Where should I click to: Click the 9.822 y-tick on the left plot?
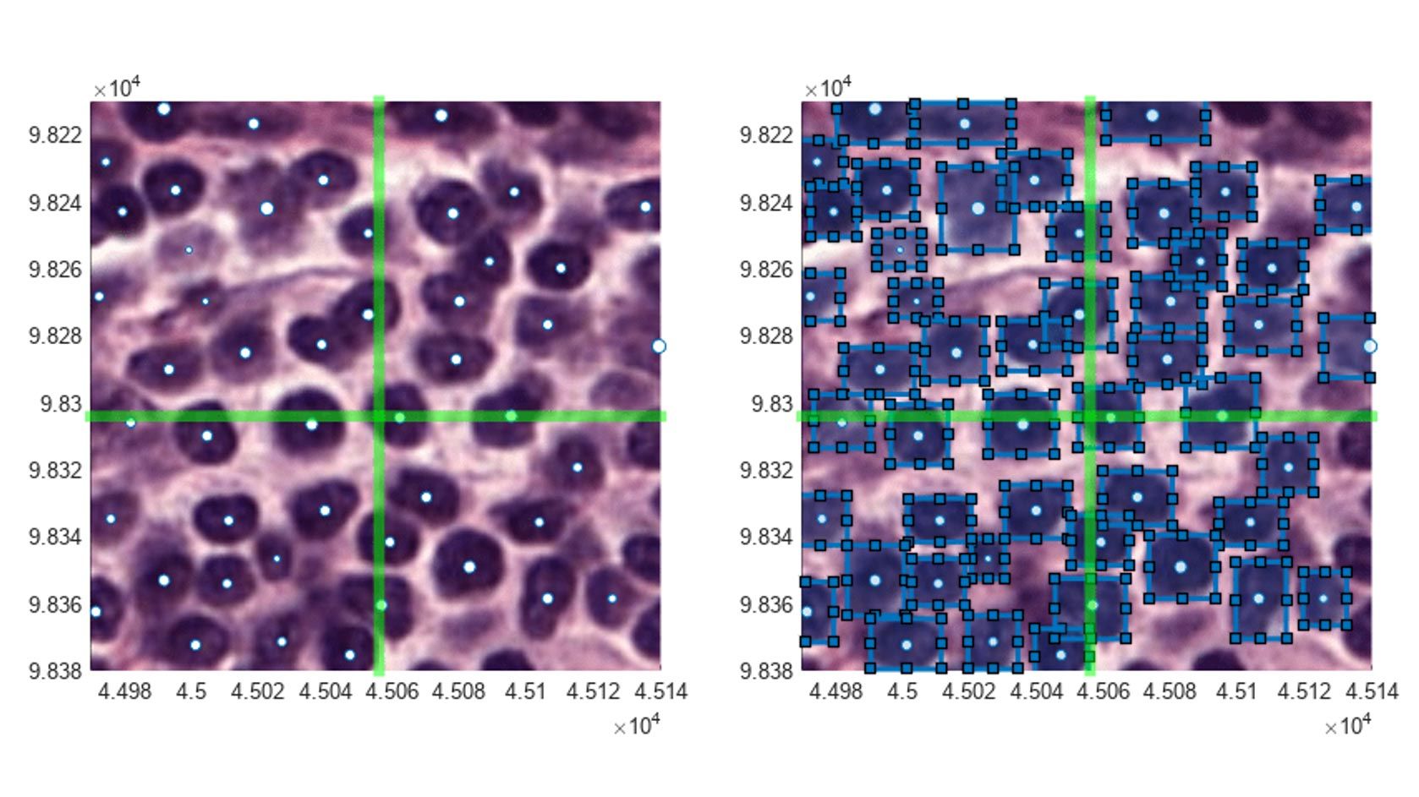(56, 135)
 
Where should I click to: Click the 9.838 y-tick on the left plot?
(56, 671)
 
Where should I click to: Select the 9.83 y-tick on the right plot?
(772, 404)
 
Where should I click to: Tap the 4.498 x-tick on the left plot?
(124, 692)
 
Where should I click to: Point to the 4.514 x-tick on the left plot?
(660, 692)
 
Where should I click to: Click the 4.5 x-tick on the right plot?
(903, 692)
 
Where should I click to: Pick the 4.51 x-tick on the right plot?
(1237, 692)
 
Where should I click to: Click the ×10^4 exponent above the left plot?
(117, 88)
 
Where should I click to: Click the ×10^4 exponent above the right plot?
(828, 88)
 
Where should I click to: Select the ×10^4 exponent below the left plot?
(636, 726)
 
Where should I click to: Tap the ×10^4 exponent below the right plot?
(1347, 726)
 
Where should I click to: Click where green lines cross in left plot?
(379, 416)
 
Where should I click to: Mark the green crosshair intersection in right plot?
(1090, 416)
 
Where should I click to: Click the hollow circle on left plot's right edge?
(660, 347)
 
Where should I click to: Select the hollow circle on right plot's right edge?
(1371, 347)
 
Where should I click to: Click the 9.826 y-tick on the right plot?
(767, 270)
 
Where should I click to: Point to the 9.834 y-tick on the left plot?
(56, 537)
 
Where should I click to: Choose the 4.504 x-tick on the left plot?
(326, 692)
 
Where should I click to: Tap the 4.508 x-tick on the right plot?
(1170, 692)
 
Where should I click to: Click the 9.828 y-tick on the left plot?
(56, 336)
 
